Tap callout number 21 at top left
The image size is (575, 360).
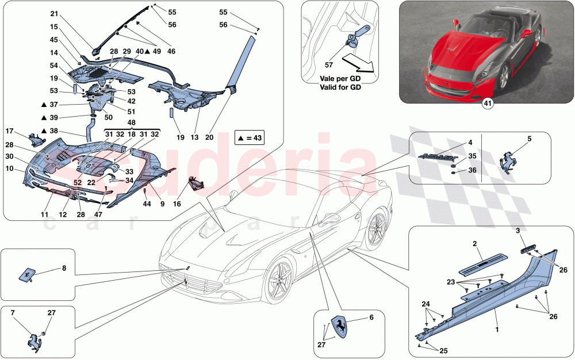tap(54, 13)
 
